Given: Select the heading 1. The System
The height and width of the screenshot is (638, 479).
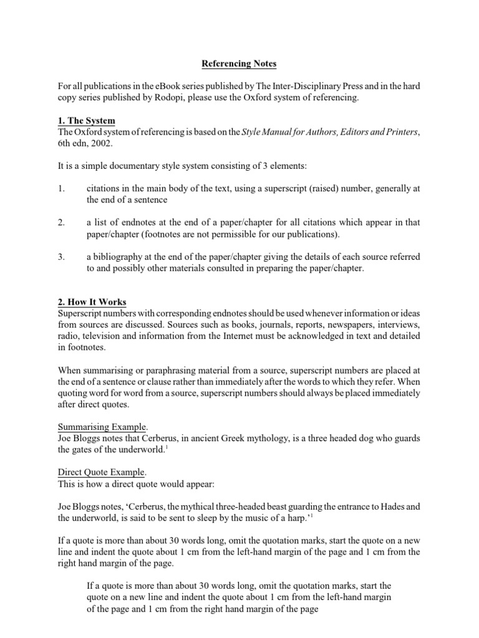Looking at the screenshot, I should pyautogui.click(x=86, y=120).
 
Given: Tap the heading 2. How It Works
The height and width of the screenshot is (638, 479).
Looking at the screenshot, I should pyautogui.click(x=92, y=302).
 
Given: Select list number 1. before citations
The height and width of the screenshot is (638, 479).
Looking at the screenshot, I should pyautogui.click(x=61, y=188).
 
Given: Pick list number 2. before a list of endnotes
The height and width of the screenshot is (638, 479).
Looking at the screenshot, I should pyautogui.click(x=61, y=222).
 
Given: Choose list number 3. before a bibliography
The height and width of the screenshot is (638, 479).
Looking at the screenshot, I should pyautogui.click(x=61, y=257).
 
